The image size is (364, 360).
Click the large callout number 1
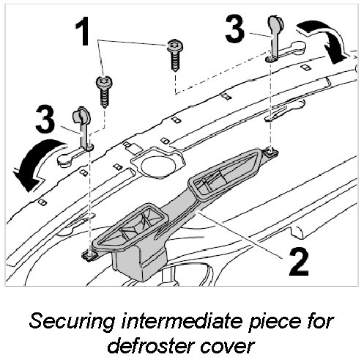click(82, 32)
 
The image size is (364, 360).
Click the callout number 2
click(299, 261)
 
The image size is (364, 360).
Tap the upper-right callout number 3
click(234, 29)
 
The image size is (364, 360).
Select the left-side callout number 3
click(45, 119)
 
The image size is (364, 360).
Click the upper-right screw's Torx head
click(175, 45)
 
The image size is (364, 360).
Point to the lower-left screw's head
click(105, 82)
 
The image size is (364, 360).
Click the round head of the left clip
click(81, 114)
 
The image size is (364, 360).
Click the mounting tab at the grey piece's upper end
click(271, 153)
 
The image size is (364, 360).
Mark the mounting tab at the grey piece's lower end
click(89, 255)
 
